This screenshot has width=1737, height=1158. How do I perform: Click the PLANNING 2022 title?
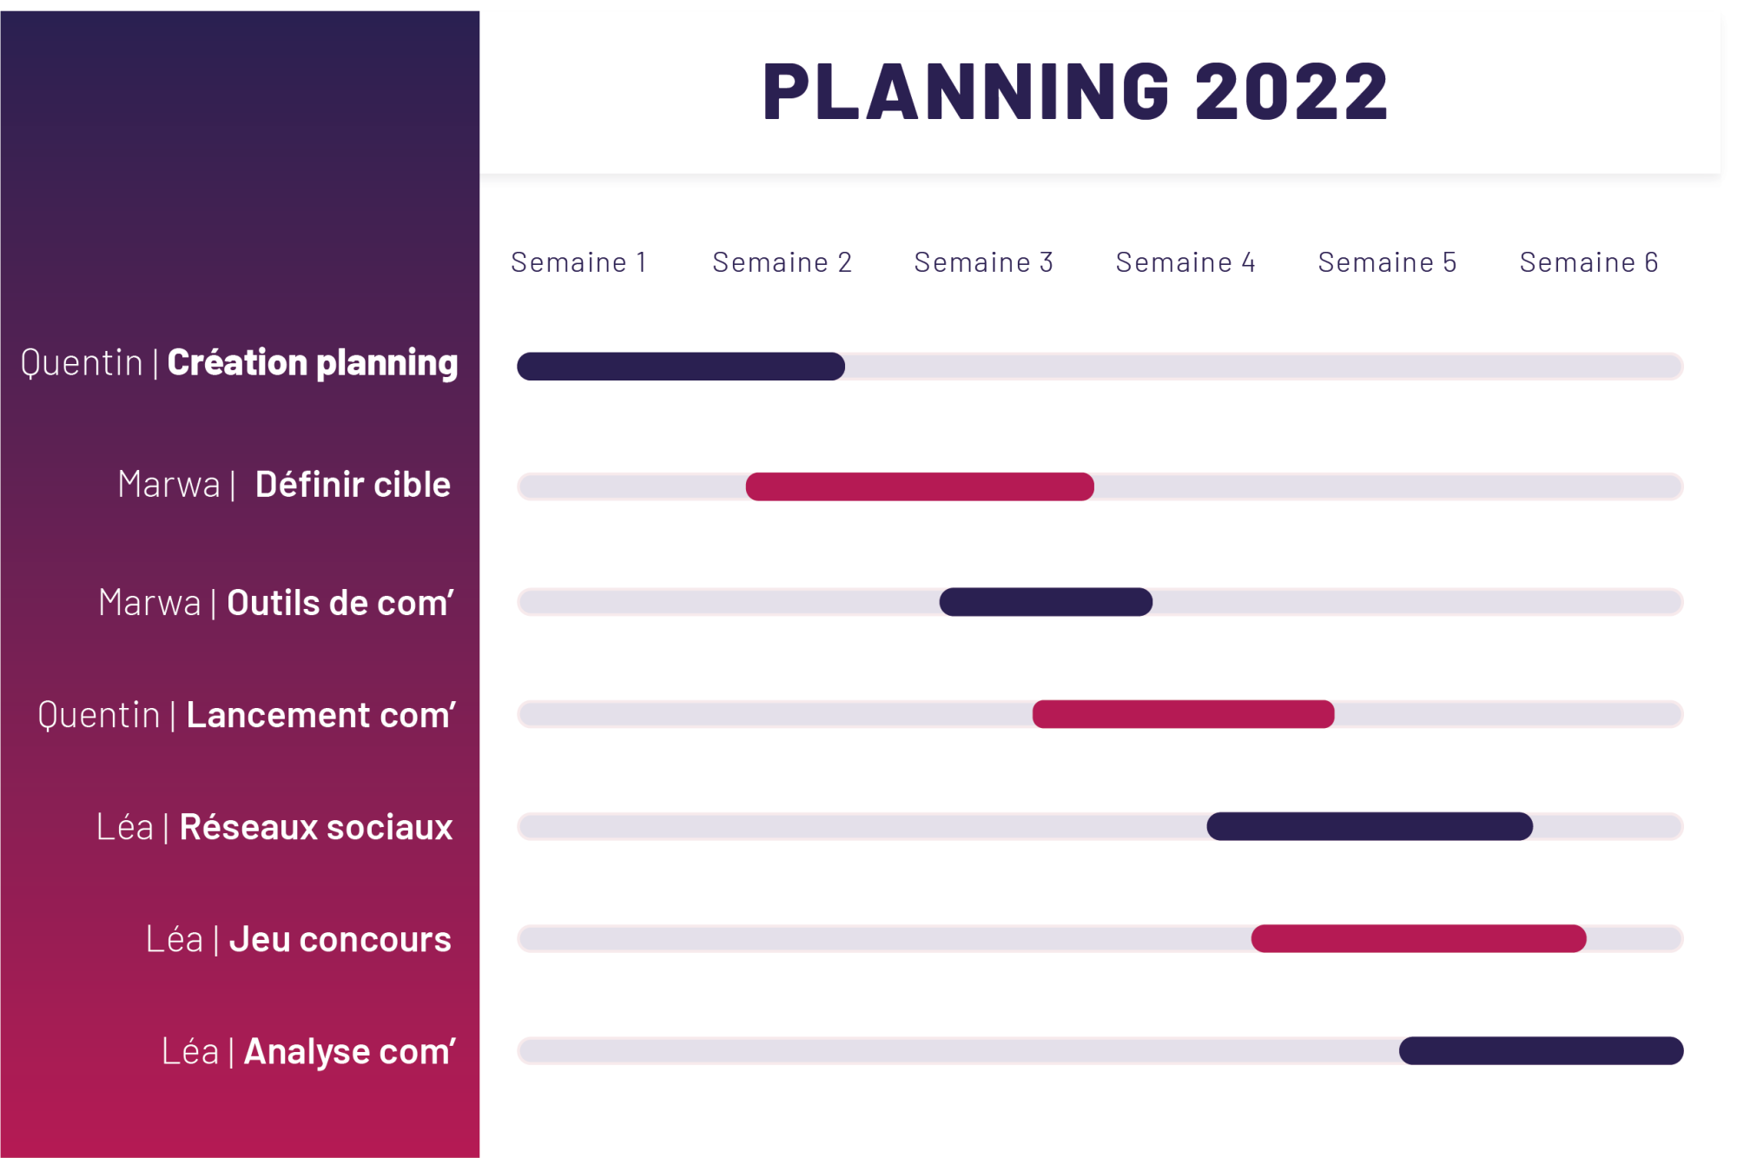(x=1075, y=91)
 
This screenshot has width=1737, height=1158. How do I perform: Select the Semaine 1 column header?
(x=578, y=261)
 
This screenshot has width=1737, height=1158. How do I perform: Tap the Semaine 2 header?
(x=782, y=261)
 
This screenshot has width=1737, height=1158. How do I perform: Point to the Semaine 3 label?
(x=983, y=261)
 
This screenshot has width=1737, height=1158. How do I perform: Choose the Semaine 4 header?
(x=1186, y=261)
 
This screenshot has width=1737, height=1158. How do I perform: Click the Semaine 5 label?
(x=1387, y=261)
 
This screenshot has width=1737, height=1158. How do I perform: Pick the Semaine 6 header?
(x=1588, y=261)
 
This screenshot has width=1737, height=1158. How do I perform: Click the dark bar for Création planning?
(x=681, y=366)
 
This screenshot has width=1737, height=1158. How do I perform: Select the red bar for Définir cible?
(x=920, y=486)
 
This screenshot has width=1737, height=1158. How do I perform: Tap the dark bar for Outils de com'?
(x=1046, y=602)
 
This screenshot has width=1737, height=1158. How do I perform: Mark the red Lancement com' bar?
(x=1183, y=714)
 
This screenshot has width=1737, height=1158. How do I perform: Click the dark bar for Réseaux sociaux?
(x=1370, y=826)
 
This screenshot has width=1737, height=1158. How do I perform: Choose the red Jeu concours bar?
(x=1418, y=938)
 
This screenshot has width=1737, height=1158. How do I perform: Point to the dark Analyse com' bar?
(x=1541, y=1050)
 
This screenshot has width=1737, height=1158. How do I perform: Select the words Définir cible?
(x=353, y=485)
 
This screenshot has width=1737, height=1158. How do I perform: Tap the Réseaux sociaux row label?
(x=316, y=827)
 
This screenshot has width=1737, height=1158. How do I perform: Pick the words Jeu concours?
(x=340, y=940)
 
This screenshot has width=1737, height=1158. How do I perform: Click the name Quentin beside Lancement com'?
(x=99, y=716)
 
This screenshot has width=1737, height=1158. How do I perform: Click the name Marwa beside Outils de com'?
(x=149, y=603)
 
